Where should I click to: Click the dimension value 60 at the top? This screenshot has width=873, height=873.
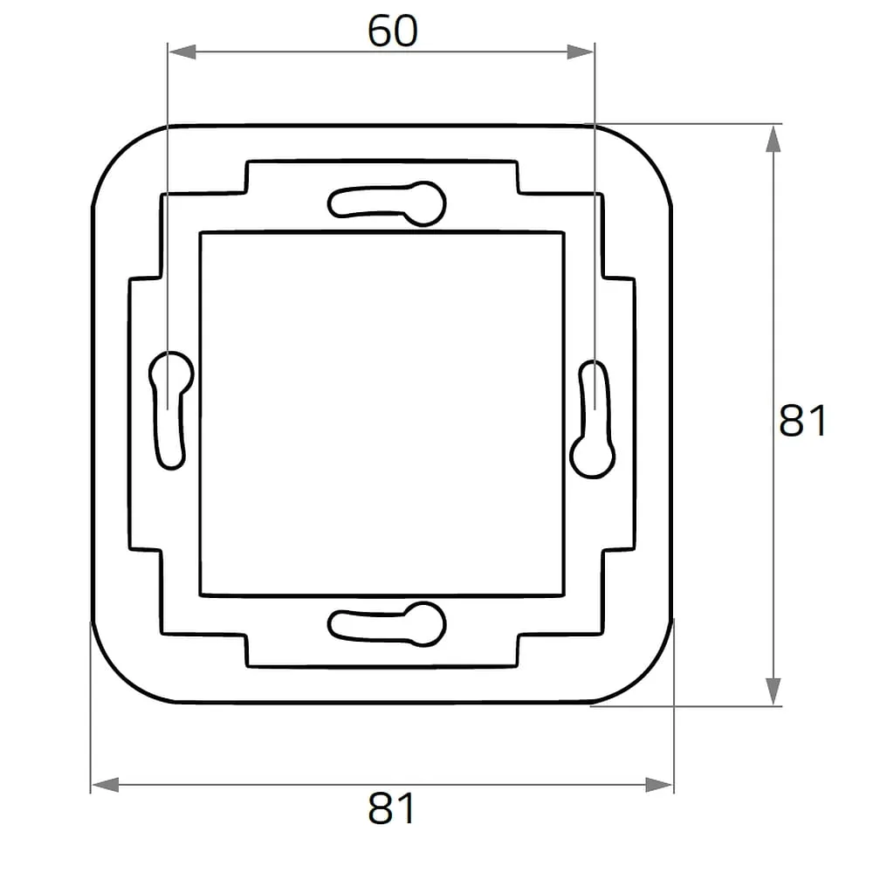click(x=392, y=31)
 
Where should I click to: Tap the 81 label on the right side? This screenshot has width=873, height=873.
click(x=802, y=421)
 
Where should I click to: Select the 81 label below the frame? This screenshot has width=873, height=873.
click(x=391, y=808)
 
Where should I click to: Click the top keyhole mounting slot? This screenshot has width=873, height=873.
click(x=387, y=203)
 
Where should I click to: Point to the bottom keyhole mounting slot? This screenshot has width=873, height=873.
click(x=387, y=624)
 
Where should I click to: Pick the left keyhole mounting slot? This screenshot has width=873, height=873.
click(x=171, y=410)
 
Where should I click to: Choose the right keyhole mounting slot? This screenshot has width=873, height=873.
click(x=593, y=419)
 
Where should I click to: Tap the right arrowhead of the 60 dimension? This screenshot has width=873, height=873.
click(x=581, y=52)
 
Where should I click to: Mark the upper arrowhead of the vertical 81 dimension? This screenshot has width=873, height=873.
click(x=773, y=139)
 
